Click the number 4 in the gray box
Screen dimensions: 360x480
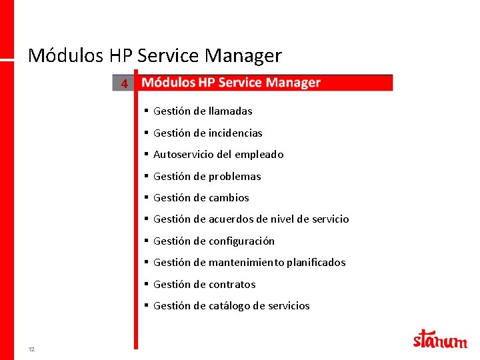pos(123,84)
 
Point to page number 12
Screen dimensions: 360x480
pos(31,349)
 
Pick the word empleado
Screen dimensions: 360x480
pos(259,155)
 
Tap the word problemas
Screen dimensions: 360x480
pos(235,177)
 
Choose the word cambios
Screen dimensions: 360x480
pos(229,198)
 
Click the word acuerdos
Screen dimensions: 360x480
pos(232,219)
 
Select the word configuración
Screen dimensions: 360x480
pos(241,241)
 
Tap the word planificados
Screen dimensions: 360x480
pos(316,263)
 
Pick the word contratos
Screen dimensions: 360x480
pos(232,285)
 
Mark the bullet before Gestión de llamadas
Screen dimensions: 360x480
pos(145,111)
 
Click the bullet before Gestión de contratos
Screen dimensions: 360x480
pos(145,284)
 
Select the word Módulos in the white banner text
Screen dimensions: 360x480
pos(168,83)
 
